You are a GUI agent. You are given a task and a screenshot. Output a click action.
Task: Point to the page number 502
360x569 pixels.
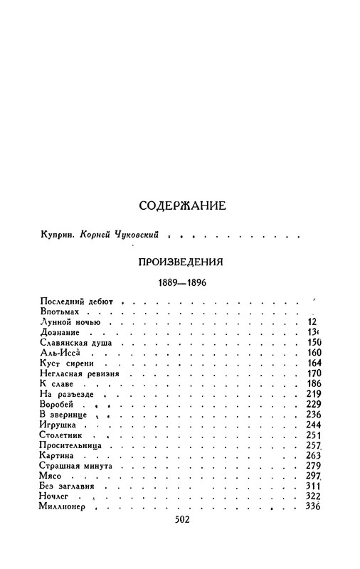coord(184,538)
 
